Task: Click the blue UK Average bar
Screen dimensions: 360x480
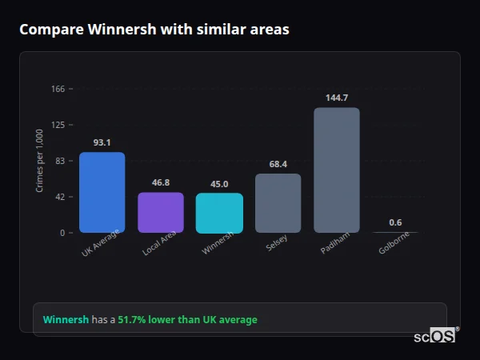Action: pyautogui.click(x=102, y=192)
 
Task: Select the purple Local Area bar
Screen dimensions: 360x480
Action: pyautogui.click(x=161, y=212)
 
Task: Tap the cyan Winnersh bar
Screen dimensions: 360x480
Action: pyautogui.click(x=219, y=213)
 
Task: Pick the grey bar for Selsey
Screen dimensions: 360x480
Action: pyautogui.click(x=278, y=203)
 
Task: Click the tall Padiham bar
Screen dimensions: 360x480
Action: pyautogui.click(x=336, y=170)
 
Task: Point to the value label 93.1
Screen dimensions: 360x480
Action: pyautogui.click(x=102, y=142)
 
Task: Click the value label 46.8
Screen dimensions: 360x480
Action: pyautogui.click(x=161, y=182)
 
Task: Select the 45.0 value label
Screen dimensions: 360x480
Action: pyautogui.click(x=219, y=184)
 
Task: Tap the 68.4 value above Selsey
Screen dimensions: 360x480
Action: pyautogui.click(x=278, y=164)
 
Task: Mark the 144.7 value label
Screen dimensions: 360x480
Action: pyautogui.click(x=336, y=98)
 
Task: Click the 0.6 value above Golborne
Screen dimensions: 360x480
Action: pyautogui.click(x=395, y=222)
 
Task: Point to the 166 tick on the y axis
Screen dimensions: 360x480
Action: pyautogui.click(x=58, y=89)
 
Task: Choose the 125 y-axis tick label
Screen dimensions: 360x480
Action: pyautogui.click(x=58, y=125)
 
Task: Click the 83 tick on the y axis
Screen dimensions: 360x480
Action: pyautogui.click(x=60, y=161)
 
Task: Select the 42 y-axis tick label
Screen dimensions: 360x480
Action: pyautogui.click(x=60, y=197)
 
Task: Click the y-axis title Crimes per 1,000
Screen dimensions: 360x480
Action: pyautogui.click(x=40, y=161)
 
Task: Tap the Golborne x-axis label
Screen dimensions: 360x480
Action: pyautogui.click(x=393, y=244)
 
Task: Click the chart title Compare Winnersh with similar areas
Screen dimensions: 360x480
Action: pyautogui.click(x=154, y=30)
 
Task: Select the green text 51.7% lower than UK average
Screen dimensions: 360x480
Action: pyautogui.click(x=187, y=320)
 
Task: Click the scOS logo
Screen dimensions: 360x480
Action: pyautogui.click(x=434, y=337)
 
